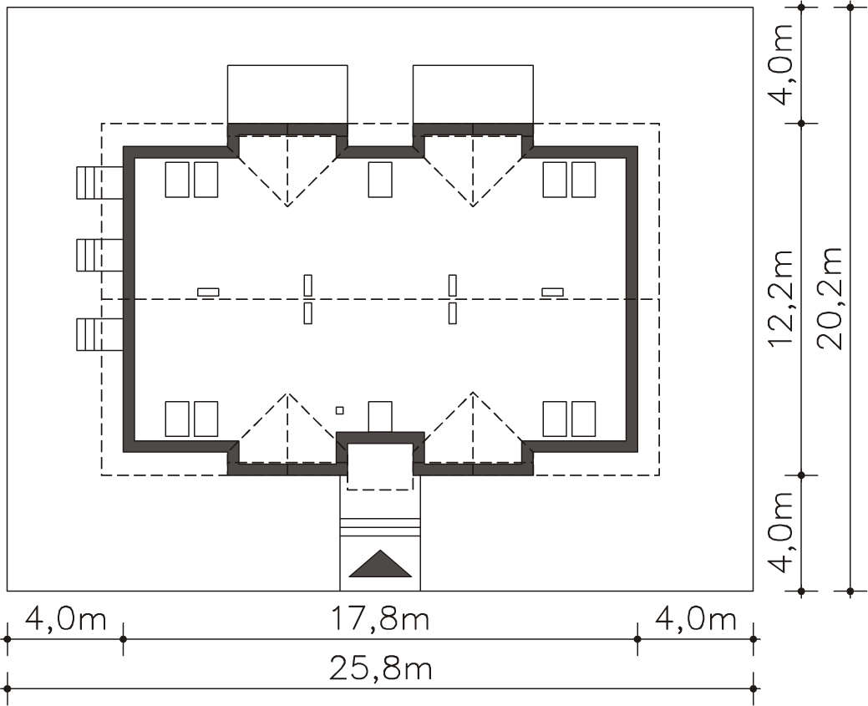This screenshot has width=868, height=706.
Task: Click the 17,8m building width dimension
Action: [380, 618]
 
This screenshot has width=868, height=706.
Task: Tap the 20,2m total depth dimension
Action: [830, 298]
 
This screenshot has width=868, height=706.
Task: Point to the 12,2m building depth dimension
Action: [781, 298]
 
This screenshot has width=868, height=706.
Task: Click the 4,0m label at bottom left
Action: [66, 618]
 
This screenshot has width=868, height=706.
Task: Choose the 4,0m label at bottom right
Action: [696, 618]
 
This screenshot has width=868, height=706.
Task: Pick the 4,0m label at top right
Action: [781, 63]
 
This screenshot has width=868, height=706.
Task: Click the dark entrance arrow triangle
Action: [380, 563]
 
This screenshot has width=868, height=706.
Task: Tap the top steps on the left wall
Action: [99, 182]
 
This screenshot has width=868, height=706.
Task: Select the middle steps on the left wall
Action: [99, 255]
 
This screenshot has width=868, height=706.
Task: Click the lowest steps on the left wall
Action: [99, 334]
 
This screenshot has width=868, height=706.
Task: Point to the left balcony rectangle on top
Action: [288, 94]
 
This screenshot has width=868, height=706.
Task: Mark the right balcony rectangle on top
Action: [474, 94]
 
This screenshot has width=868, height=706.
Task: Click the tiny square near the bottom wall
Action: [339, 410]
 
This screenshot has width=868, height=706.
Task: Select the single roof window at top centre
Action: [380, 180]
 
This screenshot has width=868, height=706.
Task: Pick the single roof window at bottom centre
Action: [380, 416]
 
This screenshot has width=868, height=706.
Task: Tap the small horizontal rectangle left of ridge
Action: [208, 292]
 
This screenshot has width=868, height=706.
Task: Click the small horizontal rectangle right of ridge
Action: [552, 292]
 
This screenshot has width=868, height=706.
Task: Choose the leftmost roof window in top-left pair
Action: [177, 180]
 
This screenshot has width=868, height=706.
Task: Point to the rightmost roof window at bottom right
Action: [583, 419]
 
